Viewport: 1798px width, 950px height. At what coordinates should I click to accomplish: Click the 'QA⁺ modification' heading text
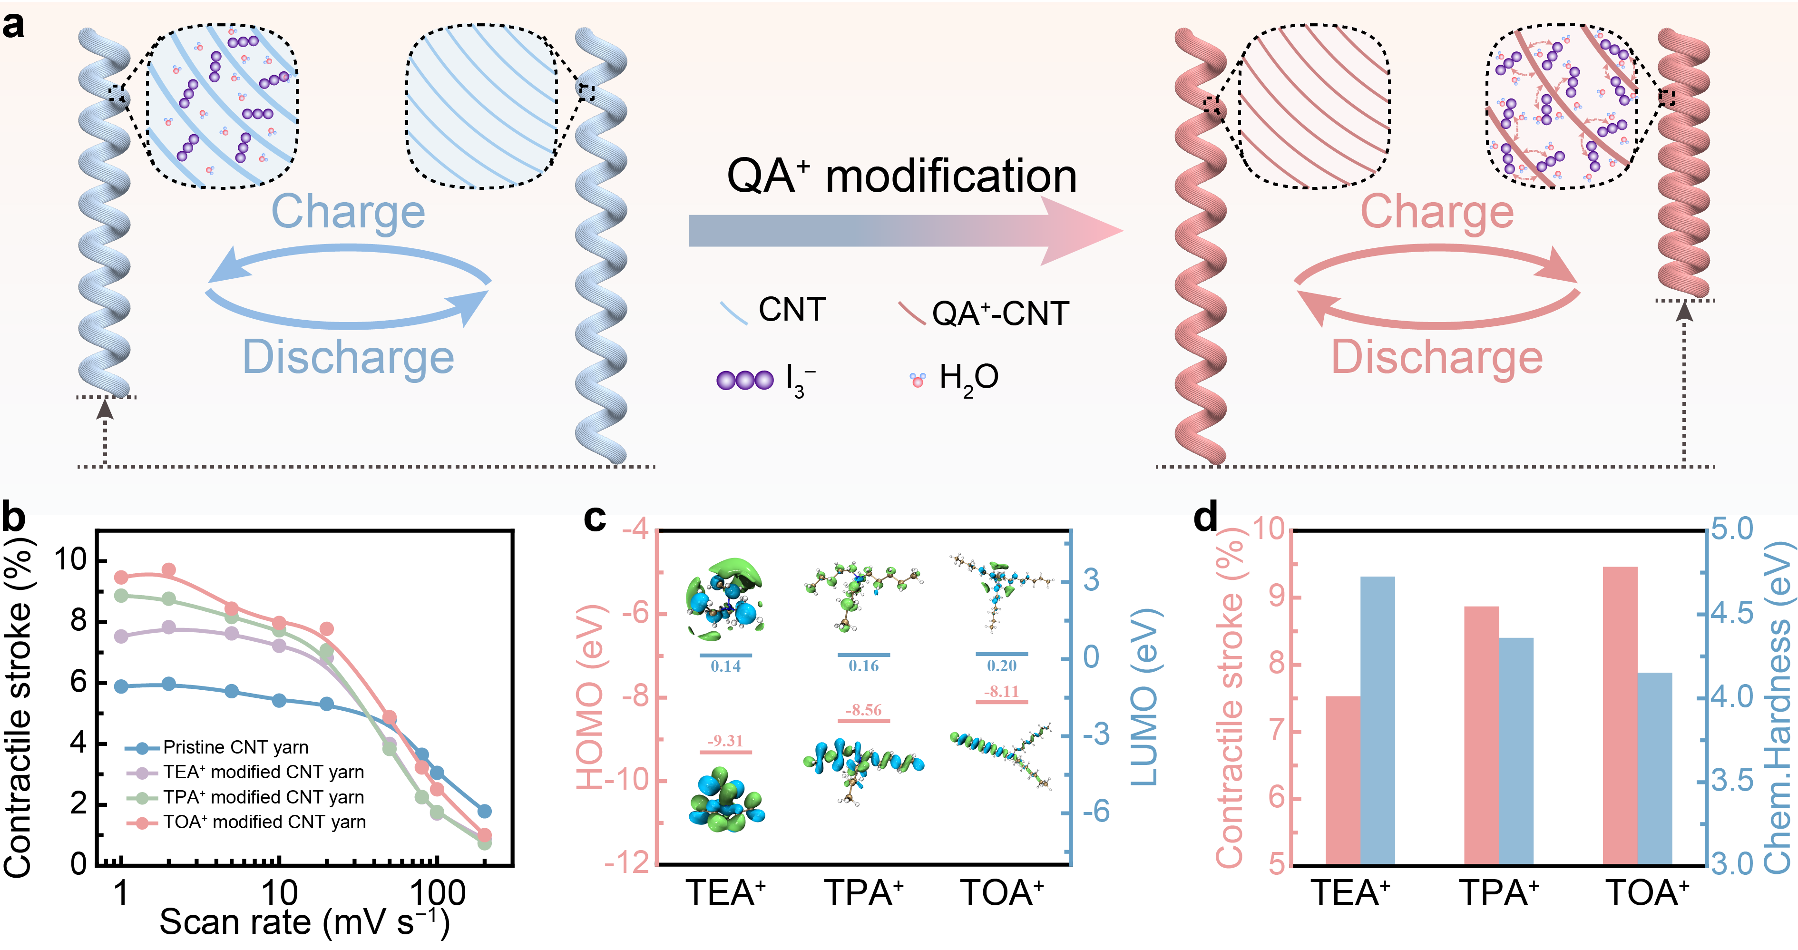click(x=902, y=176)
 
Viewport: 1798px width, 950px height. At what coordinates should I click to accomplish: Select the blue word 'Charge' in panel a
click(x=348, y=212)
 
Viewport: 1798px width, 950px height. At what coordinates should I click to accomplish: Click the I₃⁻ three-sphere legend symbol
click(x=745, y=380)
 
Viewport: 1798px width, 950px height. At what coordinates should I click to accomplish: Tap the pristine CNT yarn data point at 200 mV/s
click(x=484, y=811)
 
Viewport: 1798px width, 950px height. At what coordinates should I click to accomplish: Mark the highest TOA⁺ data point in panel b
click(x=169, y=570)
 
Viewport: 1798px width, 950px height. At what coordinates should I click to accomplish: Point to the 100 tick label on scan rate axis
click(x=438, y=893)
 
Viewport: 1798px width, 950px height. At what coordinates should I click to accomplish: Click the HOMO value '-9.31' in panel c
click(x=725, y=741)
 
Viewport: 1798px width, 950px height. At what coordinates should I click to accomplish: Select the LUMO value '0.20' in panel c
click(x=1002, y=666)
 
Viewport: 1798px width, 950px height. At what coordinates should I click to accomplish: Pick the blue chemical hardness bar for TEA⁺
click(x=1378, y=721)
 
